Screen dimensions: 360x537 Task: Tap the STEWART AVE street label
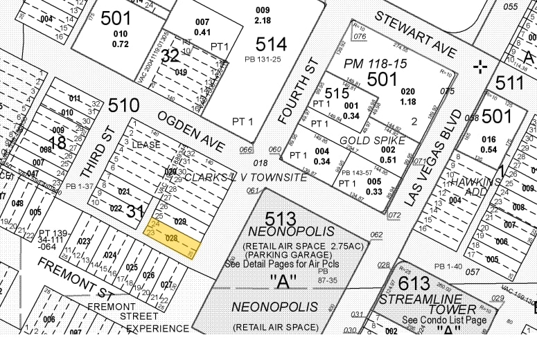pyautogui.click(x=416, y=35)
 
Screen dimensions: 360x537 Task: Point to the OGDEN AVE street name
pyautogui.click(x=191, y=130)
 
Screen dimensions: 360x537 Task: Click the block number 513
pyautogui.click(x=280, y=218)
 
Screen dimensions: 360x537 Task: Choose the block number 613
pyautogui.click(x=414, y=282)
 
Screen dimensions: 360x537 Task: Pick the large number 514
pyautogui.click(x=270, y=44)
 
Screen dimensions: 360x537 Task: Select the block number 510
pyautogui.click(x=123, y=105)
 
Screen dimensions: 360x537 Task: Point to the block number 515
pyautogui.click(x=336, y=93)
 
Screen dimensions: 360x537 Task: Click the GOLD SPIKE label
pyautogui.click(x=363, y=141)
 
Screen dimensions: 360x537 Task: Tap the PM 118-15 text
pyautogui.click(x=379, y=64)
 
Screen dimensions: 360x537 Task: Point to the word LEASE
pyautogui.click(x=146, y=145)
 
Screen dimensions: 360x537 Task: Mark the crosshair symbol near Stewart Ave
pyautogui.click(x=479, y=66)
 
